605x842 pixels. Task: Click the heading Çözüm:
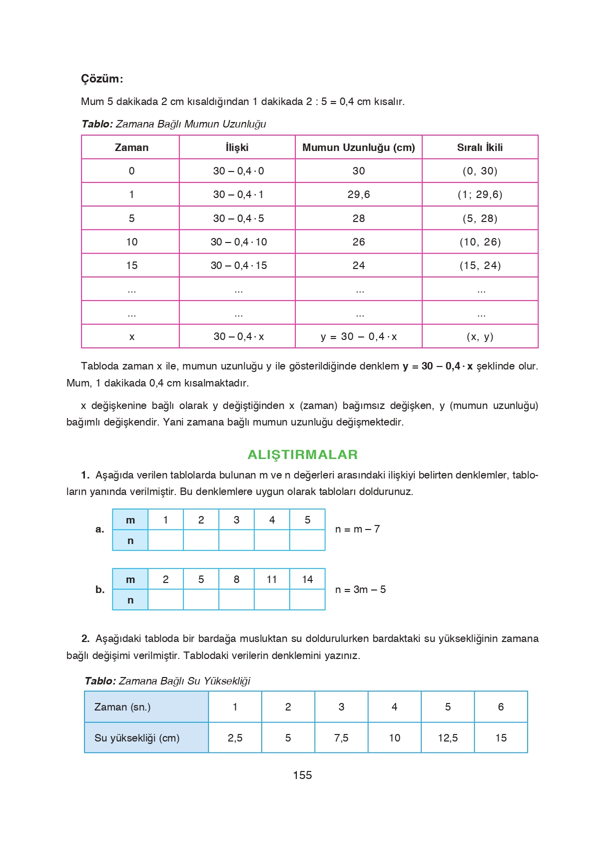pos(102,79)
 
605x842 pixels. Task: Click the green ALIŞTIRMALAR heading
pos(303,454)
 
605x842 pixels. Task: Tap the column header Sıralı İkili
pos(480,147)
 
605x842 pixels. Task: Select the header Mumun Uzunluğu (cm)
pos(358,147)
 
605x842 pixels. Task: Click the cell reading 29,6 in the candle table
pos(358,194)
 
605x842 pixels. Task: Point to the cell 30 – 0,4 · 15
pos(238,265)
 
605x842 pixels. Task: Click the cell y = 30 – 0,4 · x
pos(358,336)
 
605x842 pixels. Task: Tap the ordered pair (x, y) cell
pos(480,336)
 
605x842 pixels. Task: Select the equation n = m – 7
pos(357,529)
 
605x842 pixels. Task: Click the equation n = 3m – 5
pos(360,589)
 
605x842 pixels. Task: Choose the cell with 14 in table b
pos(307,579)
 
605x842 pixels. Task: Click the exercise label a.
pos(100,529)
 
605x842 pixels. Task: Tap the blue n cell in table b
pos(130,600)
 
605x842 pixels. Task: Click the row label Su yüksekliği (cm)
pos(137,738)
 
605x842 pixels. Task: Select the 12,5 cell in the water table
pos(448,738)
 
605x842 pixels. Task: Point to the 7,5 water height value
pos(341,738)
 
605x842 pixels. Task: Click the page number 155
pos(302,775)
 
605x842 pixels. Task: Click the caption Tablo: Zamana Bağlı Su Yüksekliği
pos(167,681)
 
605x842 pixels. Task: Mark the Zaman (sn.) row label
pos(122,707)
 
